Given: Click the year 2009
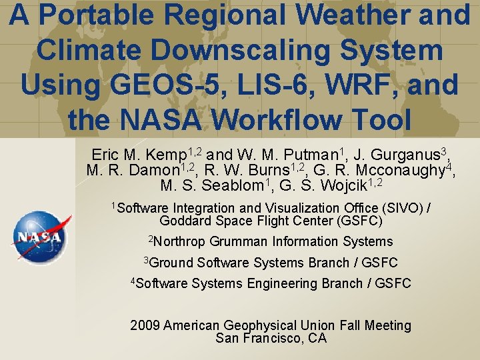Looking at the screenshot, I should coord(145,326).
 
